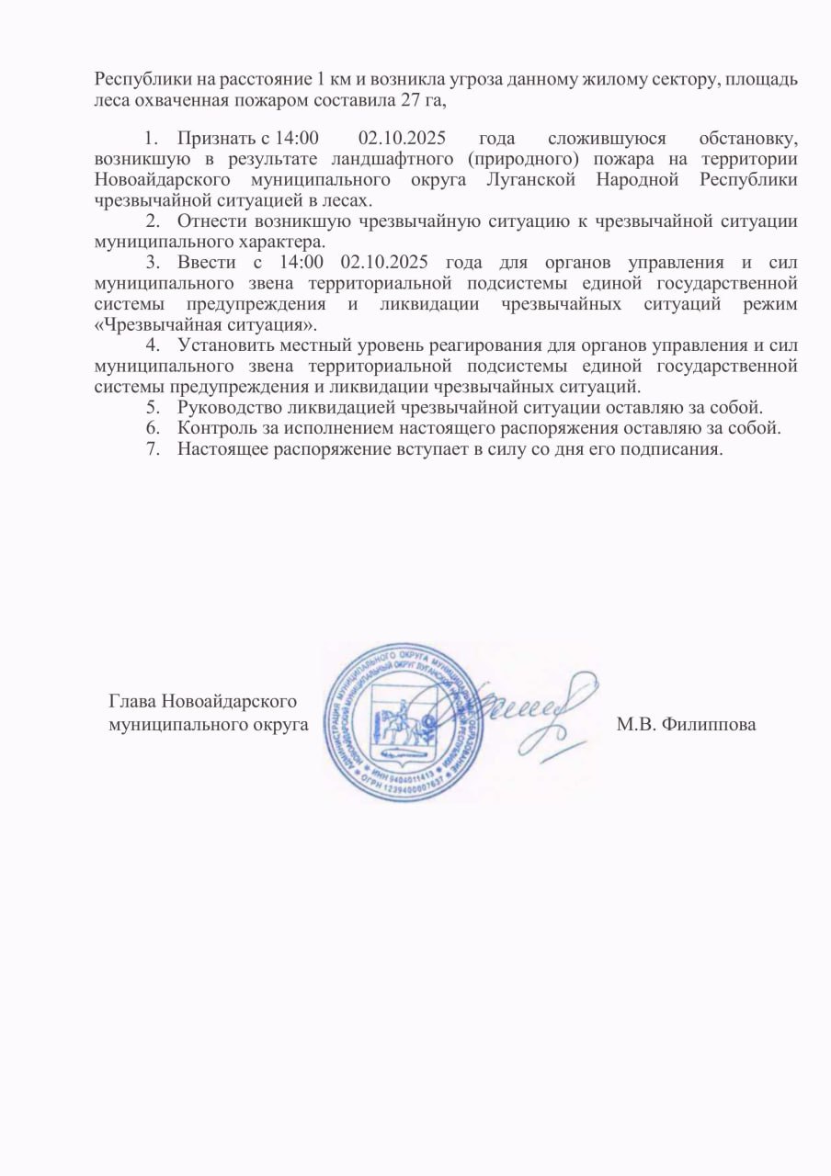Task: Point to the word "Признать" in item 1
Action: coord(212,140)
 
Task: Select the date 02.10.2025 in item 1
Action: coord(402,140)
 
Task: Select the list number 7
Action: coord(152,448)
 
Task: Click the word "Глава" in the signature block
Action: coord(132,701)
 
